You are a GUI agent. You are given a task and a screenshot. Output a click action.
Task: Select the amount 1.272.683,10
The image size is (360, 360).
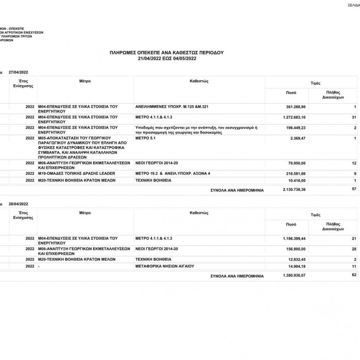tap(294, 117)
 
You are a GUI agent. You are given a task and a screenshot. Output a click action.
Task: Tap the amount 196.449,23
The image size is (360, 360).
tap(295, 128)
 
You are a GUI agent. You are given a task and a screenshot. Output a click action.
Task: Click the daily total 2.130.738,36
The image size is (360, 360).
tap(294, 190)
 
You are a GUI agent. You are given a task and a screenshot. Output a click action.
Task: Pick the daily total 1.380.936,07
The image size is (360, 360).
tap(294, 276)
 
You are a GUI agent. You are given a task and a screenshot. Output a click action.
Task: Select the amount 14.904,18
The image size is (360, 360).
tap(296, 266)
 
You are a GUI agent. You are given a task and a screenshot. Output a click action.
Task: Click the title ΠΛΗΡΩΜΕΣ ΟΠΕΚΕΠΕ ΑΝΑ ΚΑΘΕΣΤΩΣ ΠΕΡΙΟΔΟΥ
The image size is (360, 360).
tap(166, 52)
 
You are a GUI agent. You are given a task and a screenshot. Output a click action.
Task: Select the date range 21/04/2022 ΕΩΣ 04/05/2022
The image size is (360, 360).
tap(166, 58)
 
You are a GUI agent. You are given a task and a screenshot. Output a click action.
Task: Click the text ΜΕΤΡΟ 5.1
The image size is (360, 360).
tap(146, 138)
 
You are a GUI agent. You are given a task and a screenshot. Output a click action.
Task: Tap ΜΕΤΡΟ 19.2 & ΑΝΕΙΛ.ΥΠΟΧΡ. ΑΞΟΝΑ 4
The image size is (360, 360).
tap(173, 173)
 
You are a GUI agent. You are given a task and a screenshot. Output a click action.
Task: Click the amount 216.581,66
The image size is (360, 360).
tap(295, 173)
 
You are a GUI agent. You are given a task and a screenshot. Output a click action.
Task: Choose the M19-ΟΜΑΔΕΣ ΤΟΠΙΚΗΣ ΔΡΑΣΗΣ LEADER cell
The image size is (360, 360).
tap(76, 173)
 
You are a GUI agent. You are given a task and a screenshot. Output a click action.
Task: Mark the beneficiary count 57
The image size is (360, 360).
tap(354, 189)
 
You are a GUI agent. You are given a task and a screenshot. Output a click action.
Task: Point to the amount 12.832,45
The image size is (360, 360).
tap(296, 259)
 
